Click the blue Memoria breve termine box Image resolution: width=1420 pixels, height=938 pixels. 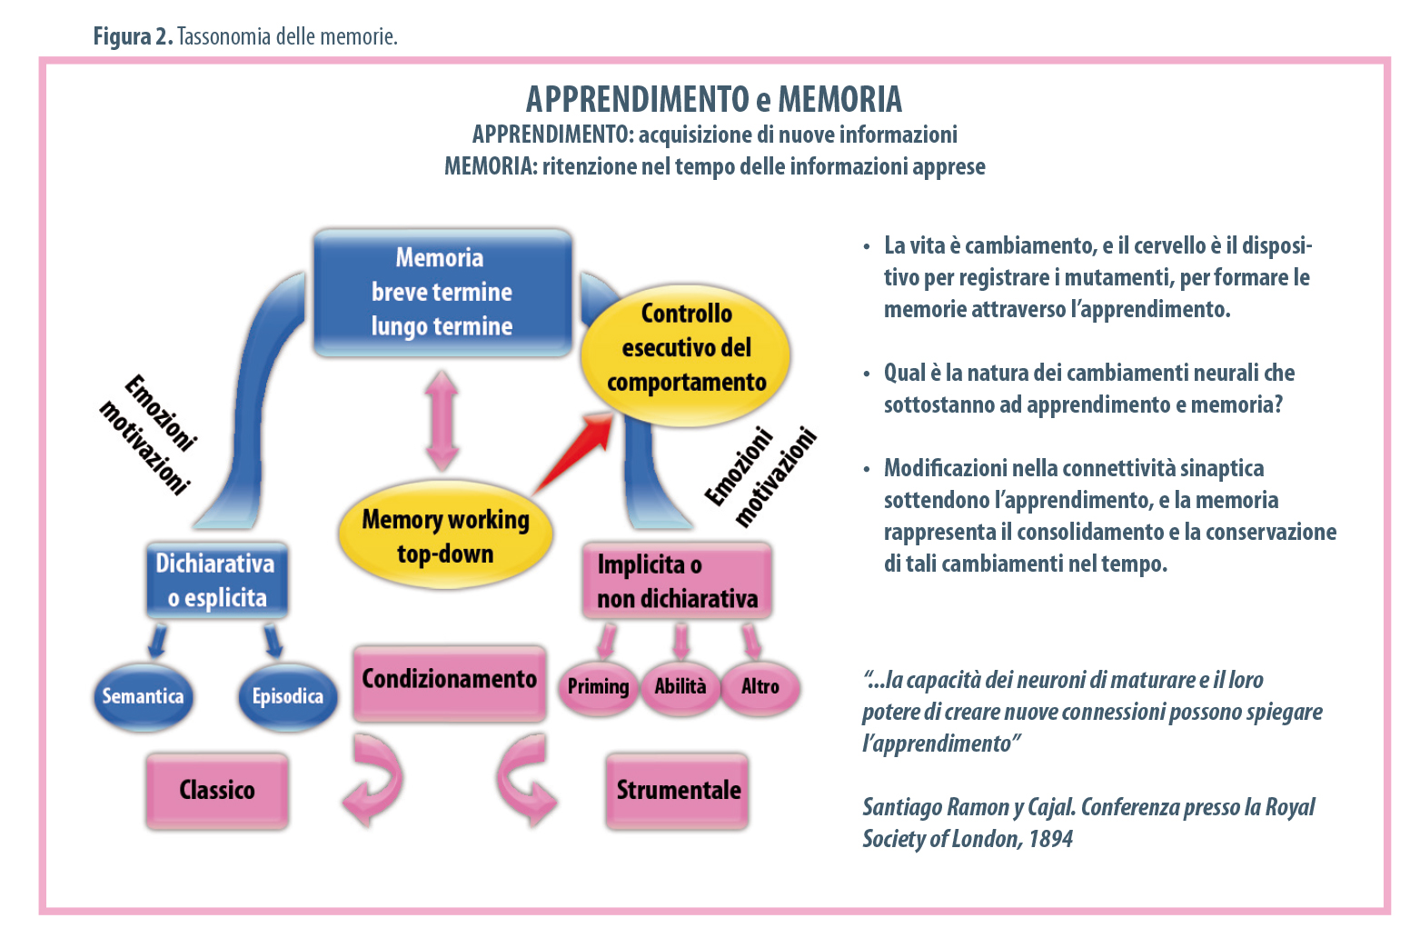tap(442, 292)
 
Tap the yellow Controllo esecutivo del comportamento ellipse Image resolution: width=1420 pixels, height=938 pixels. tap(686, 348)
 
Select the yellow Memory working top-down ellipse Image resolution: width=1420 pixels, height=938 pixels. tap(445, 535)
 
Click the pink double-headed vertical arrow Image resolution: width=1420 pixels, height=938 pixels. tap(442, 420)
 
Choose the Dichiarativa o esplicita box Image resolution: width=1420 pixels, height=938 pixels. tap(217, 581)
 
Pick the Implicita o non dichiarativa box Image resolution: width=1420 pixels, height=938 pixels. tap(677, 582)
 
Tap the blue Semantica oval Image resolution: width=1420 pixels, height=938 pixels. tap(143, 697)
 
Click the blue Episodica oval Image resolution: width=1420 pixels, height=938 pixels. tap(287, 697)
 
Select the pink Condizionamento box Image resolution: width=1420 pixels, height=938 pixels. tap(449, 681)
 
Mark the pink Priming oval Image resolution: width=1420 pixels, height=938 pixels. tap(598, 686)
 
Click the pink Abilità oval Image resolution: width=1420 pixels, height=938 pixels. tap(680, 686)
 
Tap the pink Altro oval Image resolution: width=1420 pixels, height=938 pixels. tap(760, 686)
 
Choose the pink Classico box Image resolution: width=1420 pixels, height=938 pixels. tap(217, 790)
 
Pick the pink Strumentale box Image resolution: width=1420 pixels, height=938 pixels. tap(678, 790)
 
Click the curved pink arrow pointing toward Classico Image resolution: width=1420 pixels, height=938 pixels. tap(373, 779)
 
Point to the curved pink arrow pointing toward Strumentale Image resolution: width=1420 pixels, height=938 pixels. tap(526, 779)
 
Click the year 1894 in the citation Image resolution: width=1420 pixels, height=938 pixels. tap(1050, 839)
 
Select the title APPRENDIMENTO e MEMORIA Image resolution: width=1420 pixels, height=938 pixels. tap(714, 99)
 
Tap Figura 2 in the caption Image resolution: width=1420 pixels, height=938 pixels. tap(133, 36)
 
